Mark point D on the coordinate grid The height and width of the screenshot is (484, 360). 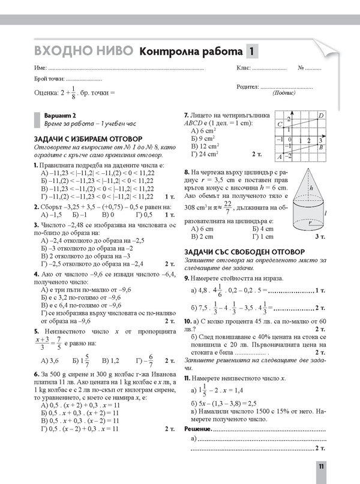pos(322,115)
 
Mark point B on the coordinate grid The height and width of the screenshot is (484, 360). pos(322,147)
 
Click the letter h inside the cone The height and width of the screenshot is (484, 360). pos(311,188)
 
